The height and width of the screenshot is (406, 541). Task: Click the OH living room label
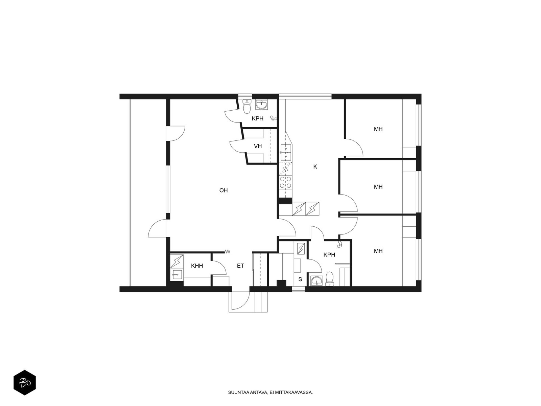point(223,190)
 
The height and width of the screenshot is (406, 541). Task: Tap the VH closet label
point(258,146)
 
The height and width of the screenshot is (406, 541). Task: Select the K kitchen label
point(315,167)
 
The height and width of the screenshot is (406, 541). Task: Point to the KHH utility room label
point(197,266)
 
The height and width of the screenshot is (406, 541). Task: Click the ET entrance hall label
point(240,266)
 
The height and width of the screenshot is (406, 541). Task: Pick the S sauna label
point(300,279)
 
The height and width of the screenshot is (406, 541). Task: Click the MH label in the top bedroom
point(378,129)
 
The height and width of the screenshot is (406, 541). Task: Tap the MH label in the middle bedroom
point(378,187)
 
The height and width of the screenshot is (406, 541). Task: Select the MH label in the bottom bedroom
point(378,251)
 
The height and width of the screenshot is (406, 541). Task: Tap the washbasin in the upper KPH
point(261,105)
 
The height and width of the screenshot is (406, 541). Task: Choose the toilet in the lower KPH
point(330,279)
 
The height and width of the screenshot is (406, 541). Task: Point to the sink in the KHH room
point(177,274)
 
